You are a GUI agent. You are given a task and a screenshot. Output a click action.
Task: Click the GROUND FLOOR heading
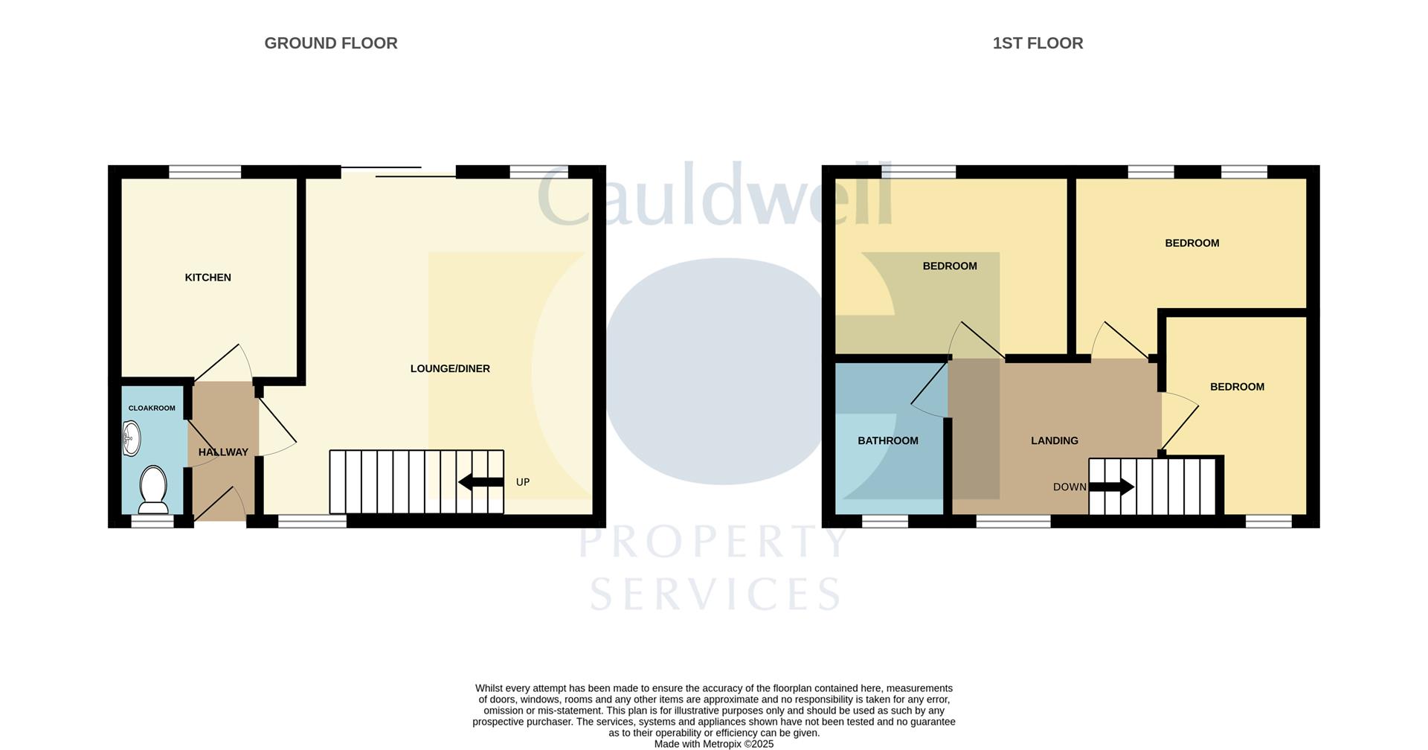[x=331, y=43]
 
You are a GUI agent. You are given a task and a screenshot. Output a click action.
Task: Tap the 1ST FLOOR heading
[x=1038, y=43]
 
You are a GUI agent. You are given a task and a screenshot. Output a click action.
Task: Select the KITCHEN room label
[x=208, y=278]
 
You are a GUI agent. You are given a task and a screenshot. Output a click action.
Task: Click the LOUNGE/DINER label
[x=450, y=368]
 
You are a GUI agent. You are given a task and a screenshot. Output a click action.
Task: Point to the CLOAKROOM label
[x=152, y=408]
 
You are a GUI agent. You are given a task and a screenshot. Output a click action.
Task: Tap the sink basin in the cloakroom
[x=131, y=437]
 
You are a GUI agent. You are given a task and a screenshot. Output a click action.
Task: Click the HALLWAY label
[x=223, y=452]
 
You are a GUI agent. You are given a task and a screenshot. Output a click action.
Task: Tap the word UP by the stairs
[x=523, y=482]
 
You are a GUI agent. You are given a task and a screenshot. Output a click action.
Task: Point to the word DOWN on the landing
[x=1070, y=487]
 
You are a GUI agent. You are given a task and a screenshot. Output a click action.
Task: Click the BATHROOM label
[x=888, y=440]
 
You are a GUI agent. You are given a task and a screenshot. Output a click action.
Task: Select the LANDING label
[x=1054, y=440]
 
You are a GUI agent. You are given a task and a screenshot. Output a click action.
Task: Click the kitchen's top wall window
[x=205, y=172]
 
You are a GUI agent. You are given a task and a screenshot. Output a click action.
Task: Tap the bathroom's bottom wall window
[x=884, y=522]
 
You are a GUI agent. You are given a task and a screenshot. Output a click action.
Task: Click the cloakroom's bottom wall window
[x=152, y=522]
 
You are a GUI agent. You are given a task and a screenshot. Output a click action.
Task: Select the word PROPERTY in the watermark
[x=713, y=542]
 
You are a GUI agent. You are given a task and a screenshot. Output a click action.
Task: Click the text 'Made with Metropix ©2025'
[x=713, y=744]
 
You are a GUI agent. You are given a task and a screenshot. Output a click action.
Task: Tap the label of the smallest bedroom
[x=1237, y=387]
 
